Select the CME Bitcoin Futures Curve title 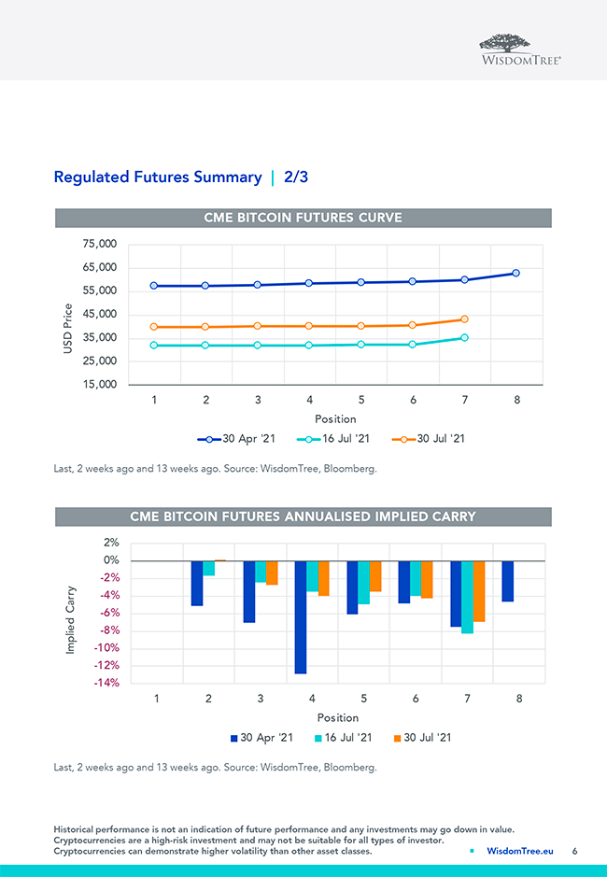303,218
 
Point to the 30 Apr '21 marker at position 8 515,274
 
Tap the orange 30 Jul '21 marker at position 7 464,319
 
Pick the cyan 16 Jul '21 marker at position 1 154,346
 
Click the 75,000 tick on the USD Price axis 99,245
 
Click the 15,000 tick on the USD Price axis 99,385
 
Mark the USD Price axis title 68,329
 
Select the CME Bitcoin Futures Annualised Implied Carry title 303,516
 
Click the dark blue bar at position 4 301,617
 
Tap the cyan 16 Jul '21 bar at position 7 467,597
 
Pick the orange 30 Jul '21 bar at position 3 272,573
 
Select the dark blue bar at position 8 507,581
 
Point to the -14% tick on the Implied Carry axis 106,683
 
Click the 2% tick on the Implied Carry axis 111,543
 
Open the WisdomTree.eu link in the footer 520,852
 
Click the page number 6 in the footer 575,852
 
